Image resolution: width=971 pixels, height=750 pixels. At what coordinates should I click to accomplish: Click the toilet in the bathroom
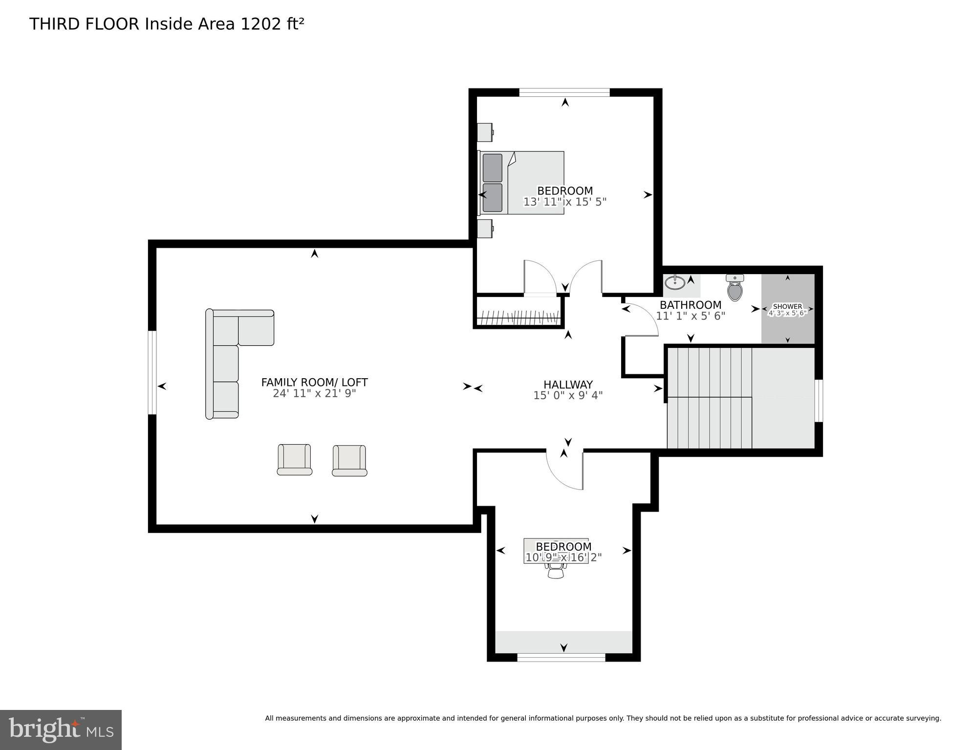734,288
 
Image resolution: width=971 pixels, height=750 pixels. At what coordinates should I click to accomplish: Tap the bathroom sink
675,282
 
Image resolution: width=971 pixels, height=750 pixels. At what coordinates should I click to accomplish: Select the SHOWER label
787,306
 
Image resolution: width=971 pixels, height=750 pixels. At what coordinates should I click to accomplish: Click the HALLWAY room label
568,385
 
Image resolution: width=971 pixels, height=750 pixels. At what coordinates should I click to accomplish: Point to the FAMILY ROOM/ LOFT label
314,383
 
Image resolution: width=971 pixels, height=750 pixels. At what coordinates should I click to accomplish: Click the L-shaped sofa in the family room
230,352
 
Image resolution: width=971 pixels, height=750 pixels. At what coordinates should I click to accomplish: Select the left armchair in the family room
294,460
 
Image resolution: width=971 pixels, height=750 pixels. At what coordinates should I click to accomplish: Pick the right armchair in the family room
349,460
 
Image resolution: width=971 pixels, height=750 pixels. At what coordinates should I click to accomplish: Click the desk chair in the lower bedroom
556,570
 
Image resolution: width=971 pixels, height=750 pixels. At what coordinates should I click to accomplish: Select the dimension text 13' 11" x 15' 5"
565,202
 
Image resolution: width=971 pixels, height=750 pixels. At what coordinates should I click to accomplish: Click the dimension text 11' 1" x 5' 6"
690,316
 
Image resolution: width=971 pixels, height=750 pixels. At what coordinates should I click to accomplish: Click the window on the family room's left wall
152,373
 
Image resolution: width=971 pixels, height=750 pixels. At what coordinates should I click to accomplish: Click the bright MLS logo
61,730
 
